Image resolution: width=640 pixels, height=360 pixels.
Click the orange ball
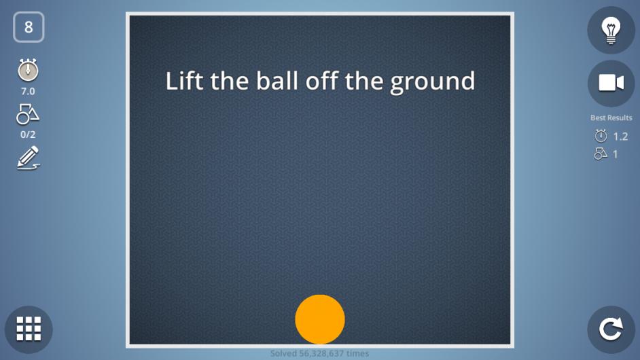tap(320, 319)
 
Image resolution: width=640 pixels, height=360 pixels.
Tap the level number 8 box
tap(29, 27)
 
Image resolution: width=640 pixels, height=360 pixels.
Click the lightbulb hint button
tap(611, 30)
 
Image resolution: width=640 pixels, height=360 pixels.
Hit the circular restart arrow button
tap(611, 329)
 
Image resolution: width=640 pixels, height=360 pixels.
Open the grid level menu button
tap(29, 329)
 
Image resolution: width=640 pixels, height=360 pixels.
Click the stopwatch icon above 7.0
tap(28, 70)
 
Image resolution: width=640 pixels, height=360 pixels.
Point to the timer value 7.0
tap(28, 92)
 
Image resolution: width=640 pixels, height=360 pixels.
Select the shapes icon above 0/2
tap(28, 114)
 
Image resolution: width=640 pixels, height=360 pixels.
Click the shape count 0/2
tap(28, 134)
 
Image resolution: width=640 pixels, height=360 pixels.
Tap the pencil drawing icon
tap(28, 158)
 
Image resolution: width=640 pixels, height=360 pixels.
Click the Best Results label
tap(611, 118)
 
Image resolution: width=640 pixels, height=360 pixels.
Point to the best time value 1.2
tap(620, 137)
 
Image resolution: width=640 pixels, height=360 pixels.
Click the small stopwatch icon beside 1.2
tap(601, 136)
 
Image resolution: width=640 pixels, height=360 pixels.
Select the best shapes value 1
tap(616, 154)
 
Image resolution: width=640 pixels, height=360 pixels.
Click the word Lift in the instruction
tap(184, 80)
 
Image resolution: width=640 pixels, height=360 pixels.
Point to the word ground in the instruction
tap(433, 82)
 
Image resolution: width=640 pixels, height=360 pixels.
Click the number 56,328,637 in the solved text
tap(321, 353)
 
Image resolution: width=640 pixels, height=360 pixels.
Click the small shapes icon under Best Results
tap(601, 154)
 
